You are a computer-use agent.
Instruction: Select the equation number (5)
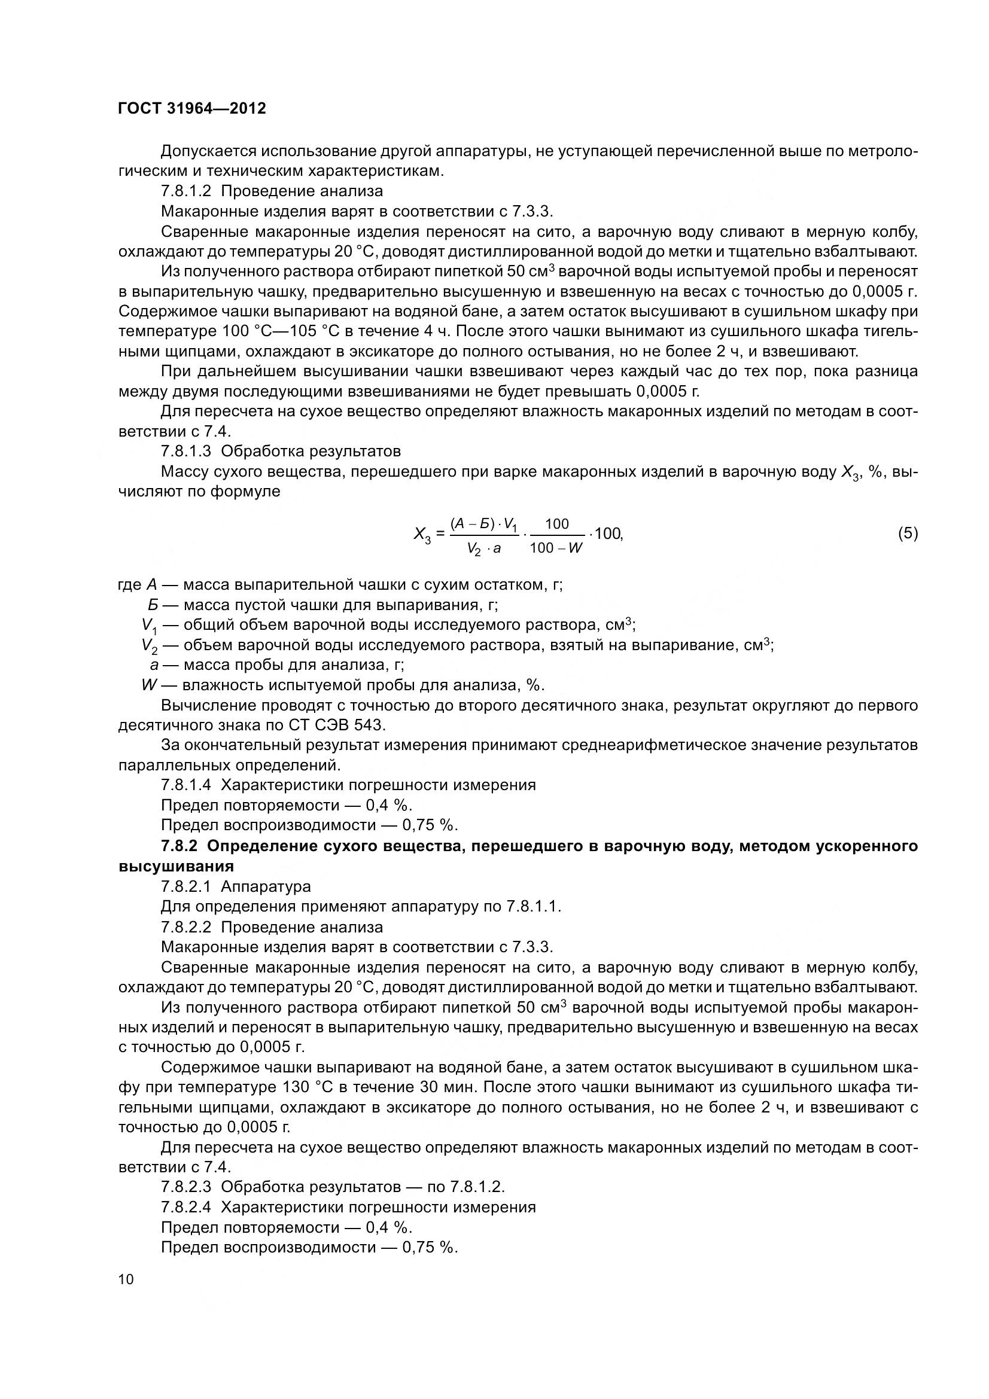click(908, 533)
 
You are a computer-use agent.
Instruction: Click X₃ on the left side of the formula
click(422, 535)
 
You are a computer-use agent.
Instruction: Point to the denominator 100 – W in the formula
click(556, 548)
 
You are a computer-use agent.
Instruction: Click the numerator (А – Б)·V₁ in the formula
click(483, 523)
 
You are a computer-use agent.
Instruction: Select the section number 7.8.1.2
click(186, 191)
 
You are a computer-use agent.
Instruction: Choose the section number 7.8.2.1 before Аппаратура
click(186, 886)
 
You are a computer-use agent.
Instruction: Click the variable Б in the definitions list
click(153, 605)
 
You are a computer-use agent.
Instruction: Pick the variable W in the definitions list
click(150, 685)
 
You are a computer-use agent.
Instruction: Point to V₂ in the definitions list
click(150, 645)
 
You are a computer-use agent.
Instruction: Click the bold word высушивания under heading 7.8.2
click(176, 866)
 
